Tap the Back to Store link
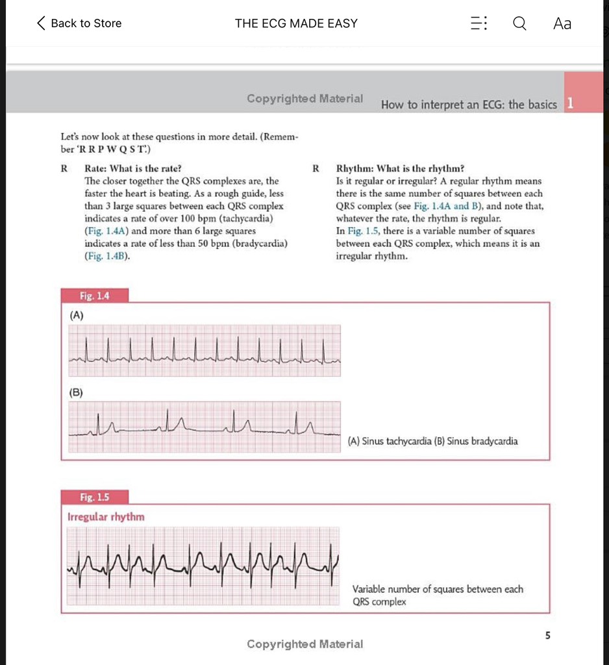pos(79,23)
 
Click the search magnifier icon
pos(519,23)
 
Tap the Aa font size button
pos(562,23)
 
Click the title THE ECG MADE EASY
pos(296,23)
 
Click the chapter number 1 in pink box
pos(569,103)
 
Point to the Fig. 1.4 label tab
pos(94,296)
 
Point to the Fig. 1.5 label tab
pos(94,497)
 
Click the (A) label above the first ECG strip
pos(77,316)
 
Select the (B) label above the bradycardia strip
pos(77,393)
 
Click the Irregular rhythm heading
pos(106,517)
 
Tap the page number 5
pos(547,636)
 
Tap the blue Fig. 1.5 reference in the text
pos(362,231)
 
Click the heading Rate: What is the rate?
pos(133,168)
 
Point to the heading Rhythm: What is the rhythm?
pos(400,168)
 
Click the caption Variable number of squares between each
pos(438,589)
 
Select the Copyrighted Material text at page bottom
pos(304,644)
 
